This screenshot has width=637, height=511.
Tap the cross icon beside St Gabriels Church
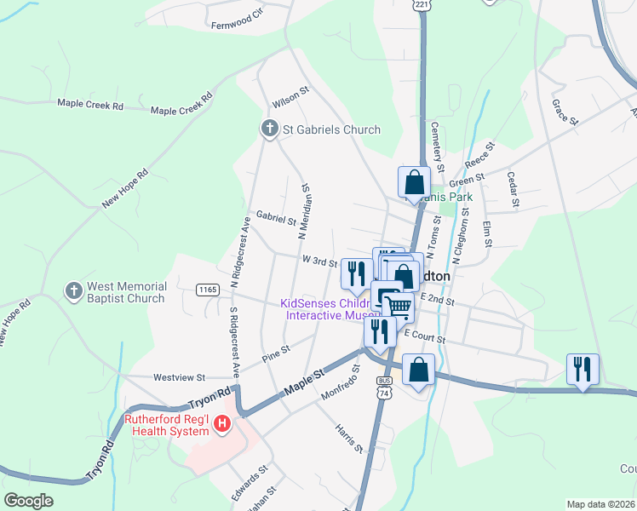coord(269,129)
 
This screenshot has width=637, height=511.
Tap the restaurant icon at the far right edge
coord(582,369)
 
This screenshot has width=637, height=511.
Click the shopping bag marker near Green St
coord(414,181)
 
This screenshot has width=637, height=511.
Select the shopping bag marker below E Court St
coord(418,370)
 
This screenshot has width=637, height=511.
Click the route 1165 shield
coord(206,290)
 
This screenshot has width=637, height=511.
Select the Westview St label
coord(179,376)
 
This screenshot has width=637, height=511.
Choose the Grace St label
coord(565,112)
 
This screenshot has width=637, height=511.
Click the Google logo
coord(28,501)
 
